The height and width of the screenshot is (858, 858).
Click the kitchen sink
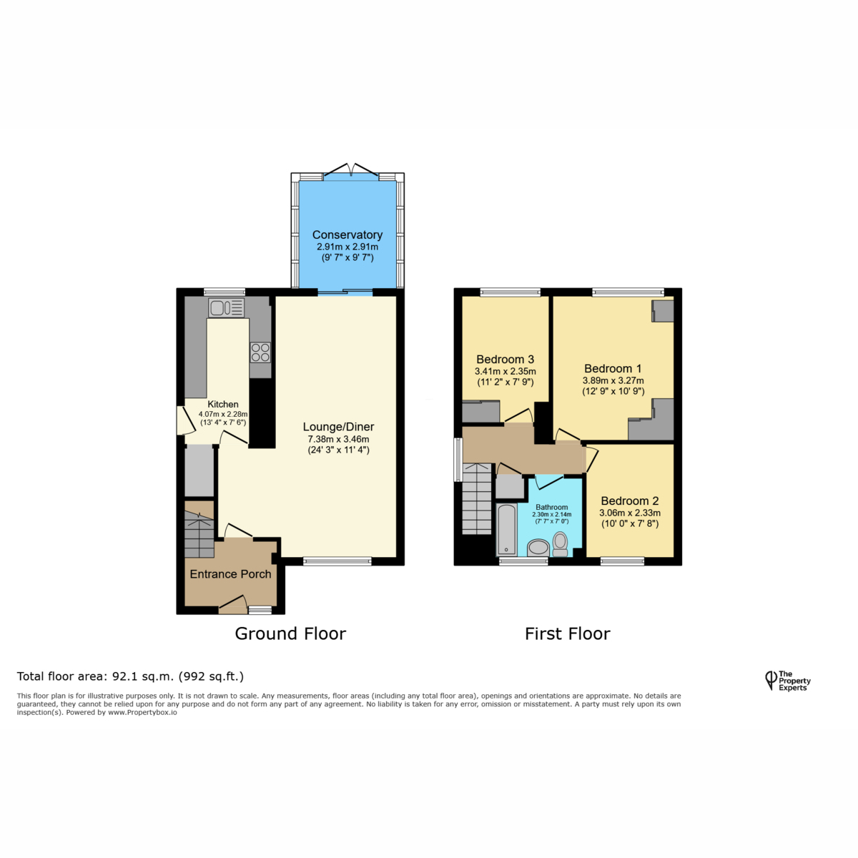(226, 307)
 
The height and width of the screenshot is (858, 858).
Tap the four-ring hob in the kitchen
(260, 352)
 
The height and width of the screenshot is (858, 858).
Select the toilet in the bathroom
(560, 544)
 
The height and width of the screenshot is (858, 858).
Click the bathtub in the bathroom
(507, 530)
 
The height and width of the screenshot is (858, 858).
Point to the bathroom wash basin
(538, 548)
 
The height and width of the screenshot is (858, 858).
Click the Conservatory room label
(347, 235)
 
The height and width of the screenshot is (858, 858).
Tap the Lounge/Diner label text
(338, 427)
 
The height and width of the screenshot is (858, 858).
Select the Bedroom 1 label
(613, 369)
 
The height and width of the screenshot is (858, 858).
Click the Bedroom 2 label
(630, 501)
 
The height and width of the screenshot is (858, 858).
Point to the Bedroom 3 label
(505, 360)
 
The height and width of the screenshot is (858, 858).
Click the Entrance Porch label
(230, 574)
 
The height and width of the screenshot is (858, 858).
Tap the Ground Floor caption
(290, 633)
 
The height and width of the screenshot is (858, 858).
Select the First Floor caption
(567, 633)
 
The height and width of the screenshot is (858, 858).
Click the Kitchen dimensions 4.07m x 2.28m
(222, 414)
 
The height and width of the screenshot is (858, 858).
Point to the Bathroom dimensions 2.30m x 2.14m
(552, 514)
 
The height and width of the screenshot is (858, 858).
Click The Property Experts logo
(788, 681)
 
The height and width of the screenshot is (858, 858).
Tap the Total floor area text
(130, 676)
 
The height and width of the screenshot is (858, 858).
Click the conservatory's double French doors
(351, 170)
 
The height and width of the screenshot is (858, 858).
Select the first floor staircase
(476, 498)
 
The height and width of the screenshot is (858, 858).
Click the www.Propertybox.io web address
(142, 712)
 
